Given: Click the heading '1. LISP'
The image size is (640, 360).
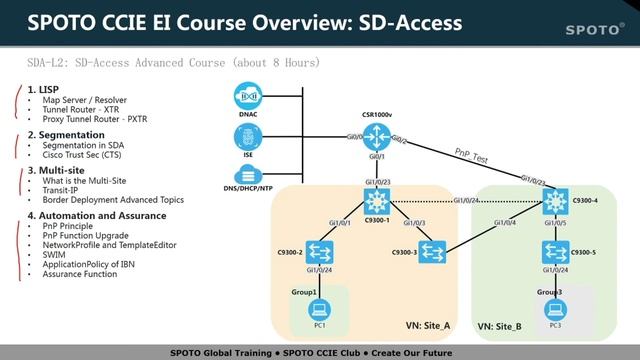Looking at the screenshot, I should pos(45,90).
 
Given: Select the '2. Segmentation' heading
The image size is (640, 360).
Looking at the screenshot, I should pos(66,134).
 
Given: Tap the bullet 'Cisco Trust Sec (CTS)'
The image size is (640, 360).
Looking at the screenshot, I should pos(85,155).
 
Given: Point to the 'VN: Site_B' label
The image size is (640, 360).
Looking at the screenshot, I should pos(499,326).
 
